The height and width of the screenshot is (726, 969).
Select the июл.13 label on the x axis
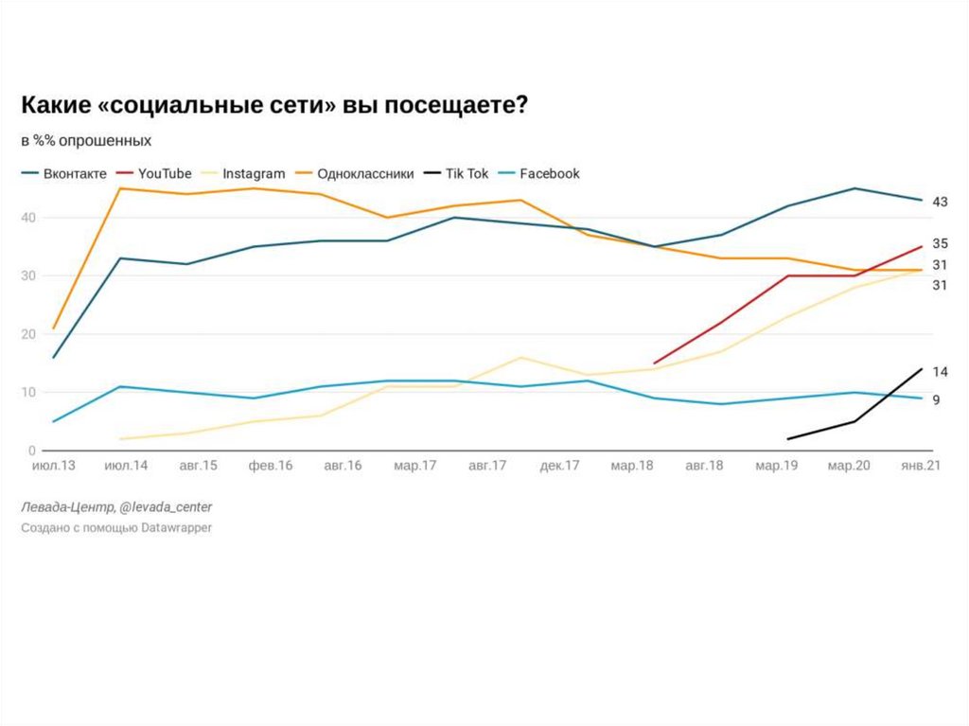[54, 467]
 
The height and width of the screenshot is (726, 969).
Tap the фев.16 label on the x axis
[270, 467]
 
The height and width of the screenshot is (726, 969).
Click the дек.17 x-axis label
[560, 467]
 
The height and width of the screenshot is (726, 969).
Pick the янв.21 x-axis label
[918, 467]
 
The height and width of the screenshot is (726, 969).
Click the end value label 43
[940, 202]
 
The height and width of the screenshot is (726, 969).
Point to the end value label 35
[940, 243]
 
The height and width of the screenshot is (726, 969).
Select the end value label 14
[940, 372]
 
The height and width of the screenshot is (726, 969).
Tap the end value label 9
[936, 400]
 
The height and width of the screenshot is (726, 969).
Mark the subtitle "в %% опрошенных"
[86, 140]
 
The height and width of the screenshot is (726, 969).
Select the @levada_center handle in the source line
[157, 507]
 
